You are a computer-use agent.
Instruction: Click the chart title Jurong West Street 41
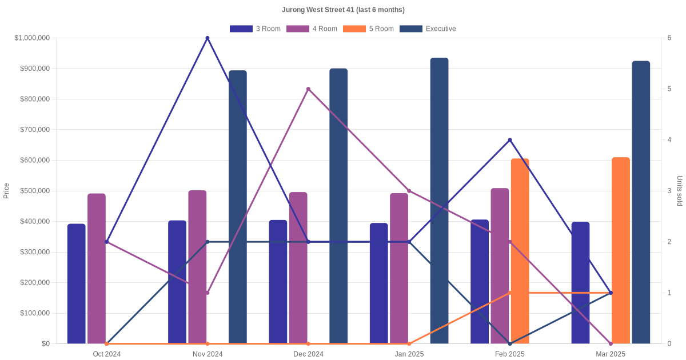(343, 10)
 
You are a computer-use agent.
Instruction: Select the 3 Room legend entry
(255, 29)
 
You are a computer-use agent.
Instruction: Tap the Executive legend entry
(428, 29)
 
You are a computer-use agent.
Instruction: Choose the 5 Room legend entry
(368, 29)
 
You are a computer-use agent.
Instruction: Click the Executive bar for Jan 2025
(439, 200)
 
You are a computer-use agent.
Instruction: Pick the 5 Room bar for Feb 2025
(520, 251)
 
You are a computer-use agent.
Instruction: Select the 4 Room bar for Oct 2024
(97, 269)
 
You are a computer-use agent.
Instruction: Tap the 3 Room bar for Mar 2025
(580, 283)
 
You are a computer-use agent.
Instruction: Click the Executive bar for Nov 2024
(238, 206)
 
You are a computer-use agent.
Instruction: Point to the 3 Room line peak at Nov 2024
(208, 38)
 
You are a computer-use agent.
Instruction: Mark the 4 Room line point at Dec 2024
(308, 89)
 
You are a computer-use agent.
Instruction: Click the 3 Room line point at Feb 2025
(510, 140)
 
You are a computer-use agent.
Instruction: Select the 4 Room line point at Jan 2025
(409, 191)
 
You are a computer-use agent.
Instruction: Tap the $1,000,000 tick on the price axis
(32, 38)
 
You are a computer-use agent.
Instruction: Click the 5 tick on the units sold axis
(669, 89)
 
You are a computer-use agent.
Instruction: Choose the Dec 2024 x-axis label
(308, 354)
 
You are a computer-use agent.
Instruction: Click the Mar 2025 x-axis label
(611, 354)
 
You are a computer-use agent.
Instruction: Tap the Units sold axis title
(680, 191)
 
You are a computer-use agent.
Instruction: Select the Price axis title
(6, 191)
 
